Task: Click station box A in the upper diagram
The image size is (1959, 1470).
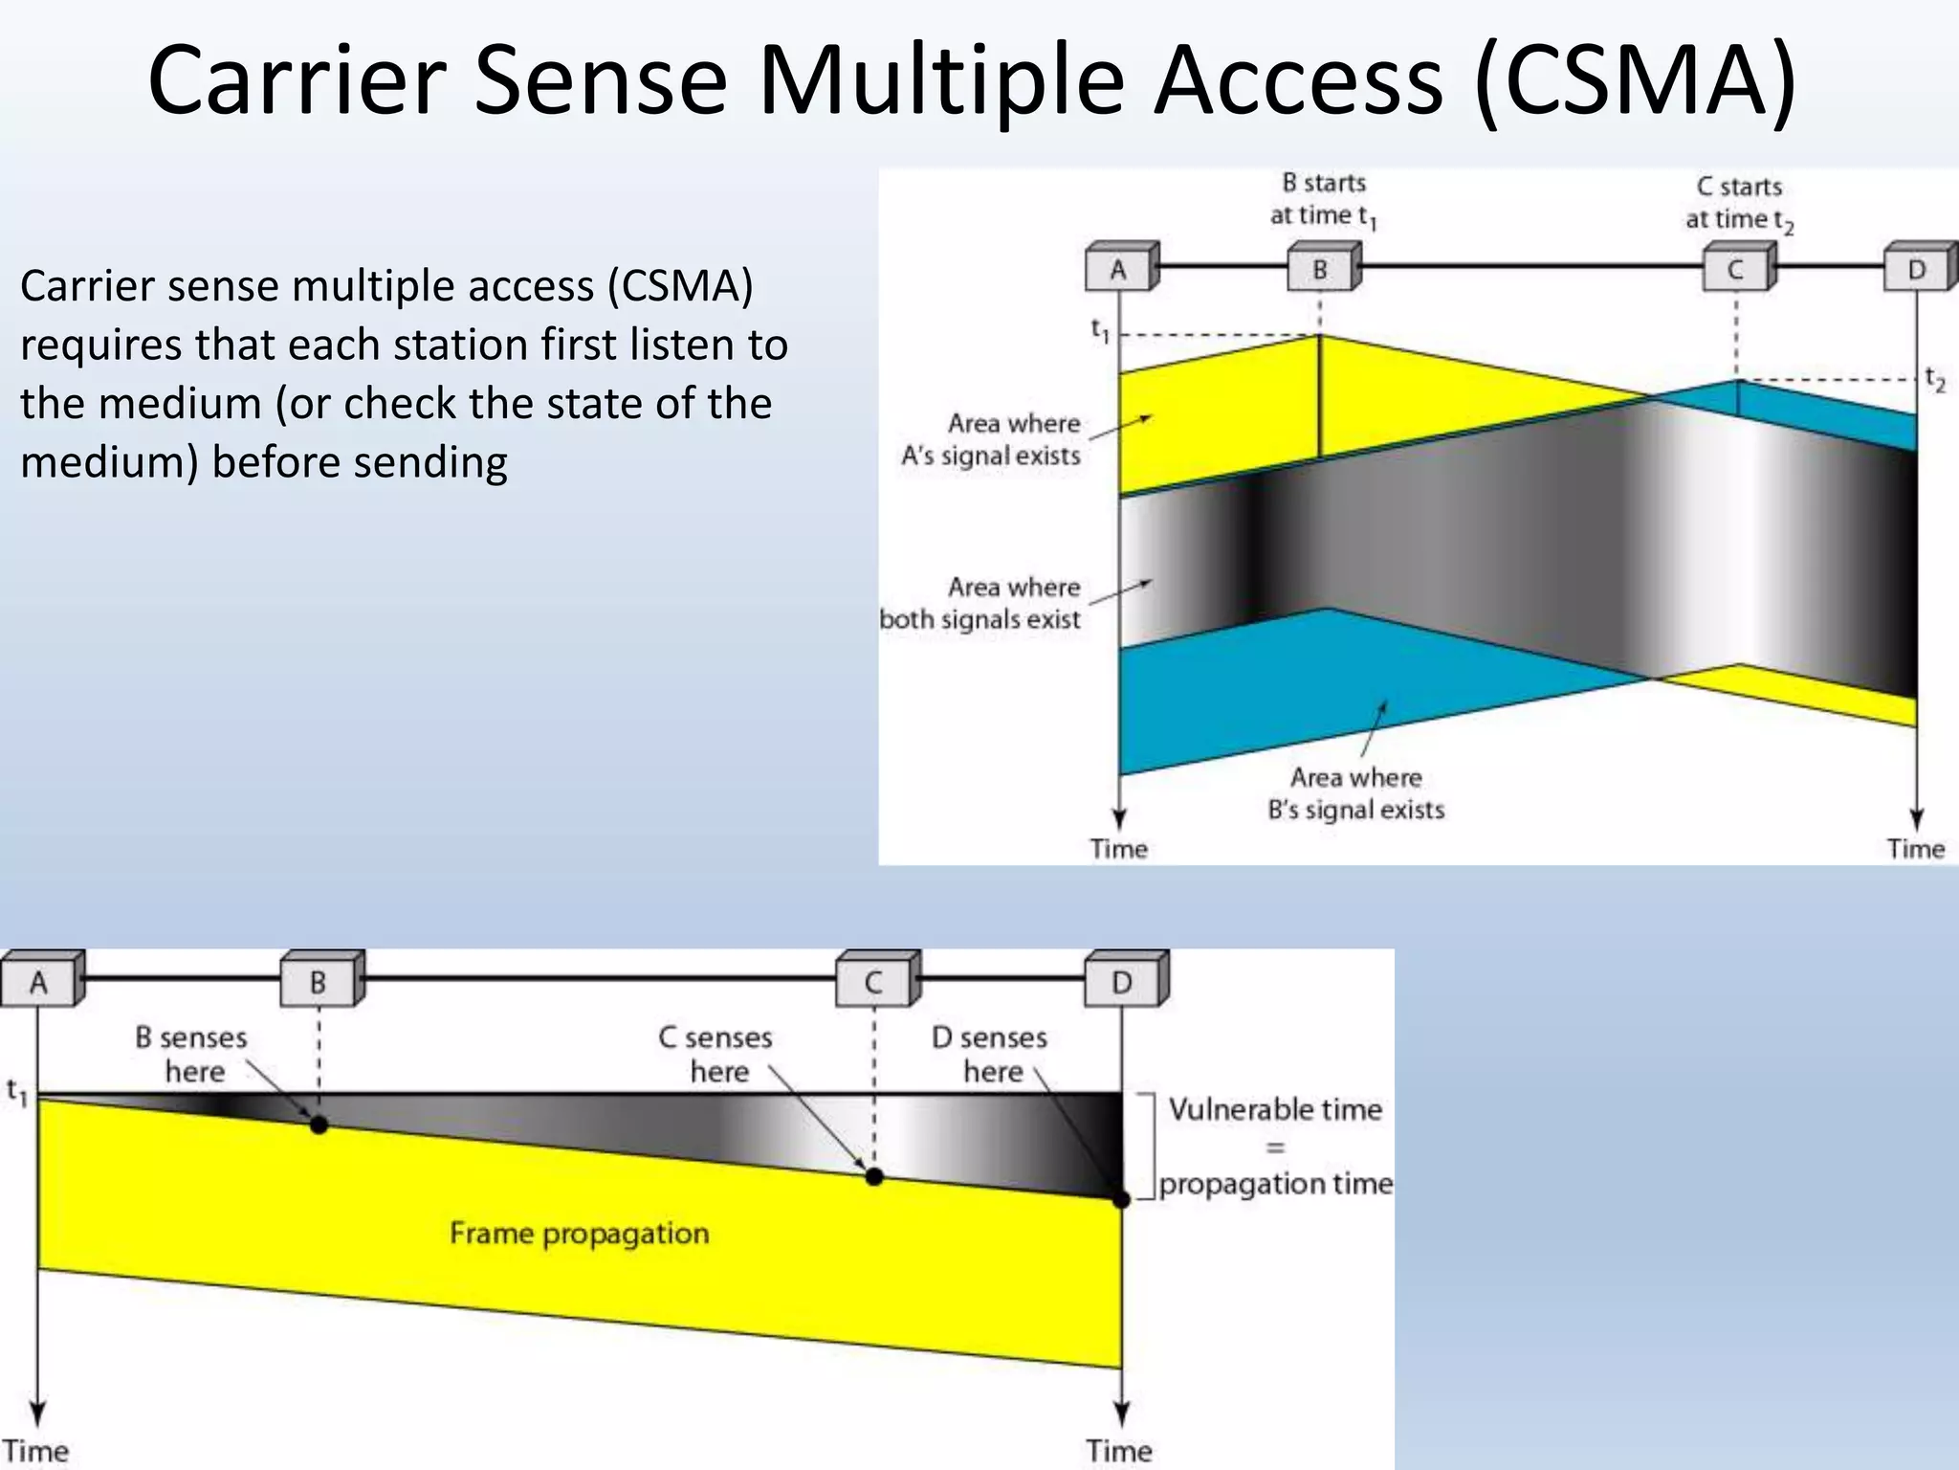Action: pos(1119,269)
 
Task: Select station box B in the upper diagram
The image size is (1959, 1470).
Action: pos(1321,269)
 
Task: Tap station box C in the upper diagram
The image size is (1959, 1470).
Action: pos(1736,269)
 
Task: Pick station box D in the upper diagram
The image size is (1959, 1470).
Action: pos(1917,269)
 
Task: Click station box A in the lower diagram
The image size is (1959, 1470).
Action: pos(39,982)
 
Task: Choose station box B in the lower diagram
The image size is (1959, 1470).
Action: pos(319,982)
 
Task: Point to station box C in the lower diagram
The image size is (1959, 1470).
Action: pos(873,982)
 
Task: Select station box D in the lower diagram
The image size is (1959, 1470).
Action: pos(1123,982)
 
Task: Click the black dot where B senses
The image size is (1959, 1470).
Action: pos(319,1125)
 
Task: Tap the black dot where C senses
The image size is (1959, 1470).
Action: pos(874,1176)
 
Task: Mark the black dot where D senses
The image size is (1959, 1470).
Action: pos(1122,1199)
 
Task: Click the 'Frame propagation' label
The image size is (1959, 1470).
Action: pos(580,1233)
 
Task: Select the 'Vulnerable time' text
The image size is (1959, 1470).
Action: pos(1275,1109)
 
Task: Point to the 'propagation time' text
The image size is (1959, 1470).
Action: pos(1276,1184)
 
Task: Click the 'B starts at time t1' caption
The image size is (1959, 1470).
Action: pos(1324,200)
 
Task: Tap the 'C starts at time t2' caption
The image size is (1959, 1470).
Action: pos(1739,204)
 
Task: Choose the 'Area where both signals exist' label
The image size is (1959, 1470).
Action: pos(981,603)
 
